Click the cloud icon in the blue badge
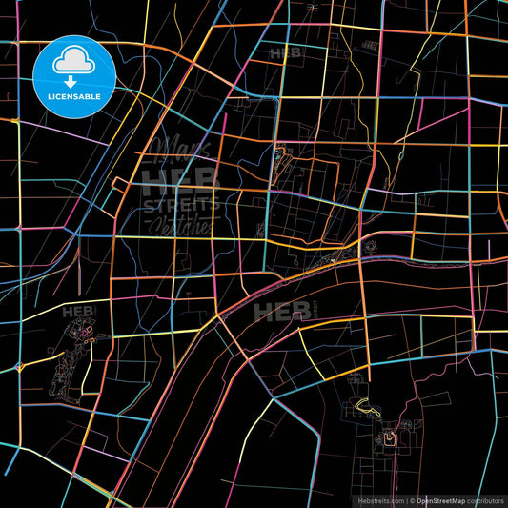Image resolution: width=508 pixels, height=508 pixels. tap(73, 62)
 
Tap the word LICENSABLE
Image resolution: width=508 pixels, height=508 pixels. tap(73, 96)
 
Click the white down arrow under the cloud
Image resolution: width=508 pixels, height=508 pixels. tap(73, 80)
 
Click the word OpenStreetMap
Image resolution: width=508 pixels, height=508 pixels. tap(447, 499)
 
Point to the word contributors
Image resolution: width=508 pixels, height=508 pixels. tap(486, 499)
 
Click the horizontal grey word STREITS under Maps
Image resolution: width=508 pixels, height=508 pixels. tap(181, 205)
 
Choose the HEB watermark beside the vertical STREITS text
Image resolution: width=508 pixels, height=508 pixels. tap(275, 312)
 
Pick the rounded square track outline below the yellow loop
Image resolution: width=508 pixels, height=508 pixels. tap(389, 438)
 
